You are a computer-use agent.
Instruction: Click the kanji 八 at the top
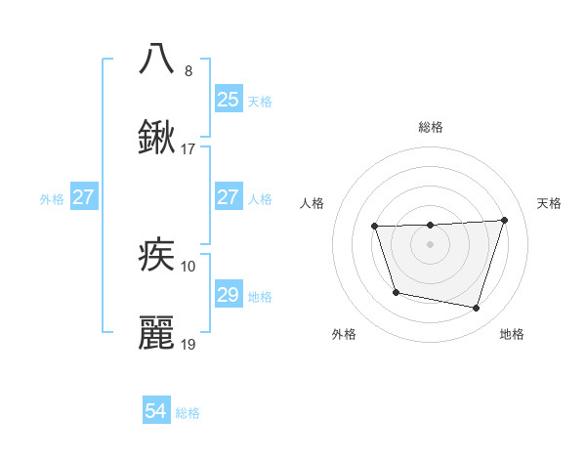tap(157, 58)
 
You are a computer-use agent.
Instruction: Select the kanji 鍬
tap(157, 139)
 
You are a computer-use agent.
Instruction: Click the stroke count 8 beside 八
tap(188, 71)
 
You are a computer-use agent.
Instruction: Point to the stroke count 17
tap(188, 150)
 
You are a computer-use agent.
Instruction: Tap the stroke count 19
tap(188, 346)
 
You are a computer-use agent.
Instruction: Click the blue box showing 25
tap(228, 100)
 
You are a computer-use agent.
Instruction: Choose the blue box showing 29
tap(228, 295)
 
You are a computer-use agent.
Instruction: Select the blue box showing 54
tap(156, 412)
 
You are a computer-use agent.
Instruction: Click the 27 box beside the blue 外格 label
tap(83, 197)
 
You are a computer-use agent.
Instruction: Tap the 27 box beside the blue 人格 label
tap(228, 197)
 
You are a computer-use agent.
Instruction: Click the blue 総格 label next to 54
tap(188, 413)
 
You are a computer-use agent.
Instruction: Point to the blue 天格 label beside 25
tap(260, 101)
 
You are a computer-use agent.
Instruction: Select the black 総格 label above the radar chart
tap(430, 127)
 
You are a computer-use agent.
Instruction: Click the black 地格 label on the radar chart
tap(512, 334)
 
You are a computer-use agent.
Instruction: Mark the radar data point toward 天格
tap(504, 220)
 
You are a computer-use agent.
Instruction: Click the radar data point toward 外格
tap(396, 292)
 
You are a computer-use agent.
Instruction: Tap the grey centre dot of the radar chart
tap(430, 244)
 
